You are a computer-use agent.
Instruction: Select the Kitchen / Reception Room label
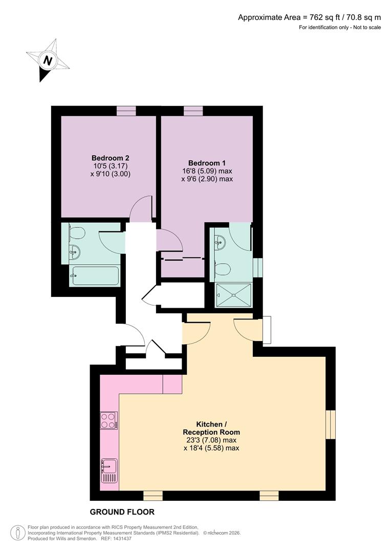click(211, 429)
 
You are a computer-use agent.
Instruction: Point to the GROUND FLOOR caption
click(122, 512)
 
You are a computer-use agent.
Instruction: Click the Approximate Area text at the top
click(309, 17)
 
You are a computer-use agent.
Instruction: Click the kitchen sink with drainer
click(110, 471)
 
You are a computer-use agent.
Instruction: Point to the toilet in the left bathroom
click(76, 233)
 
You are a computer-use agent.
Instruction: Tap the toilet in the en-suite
click(223, 269)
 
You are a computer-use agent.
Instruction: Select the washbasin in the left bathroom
click(75, 251)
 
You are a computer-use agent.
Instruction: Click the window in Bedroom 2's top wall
click(126, 111)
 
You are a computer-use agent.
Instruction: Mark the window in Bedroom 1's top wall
click(193, 111)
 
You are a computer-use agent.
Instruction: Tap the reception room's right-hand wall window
click(331, 424)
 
